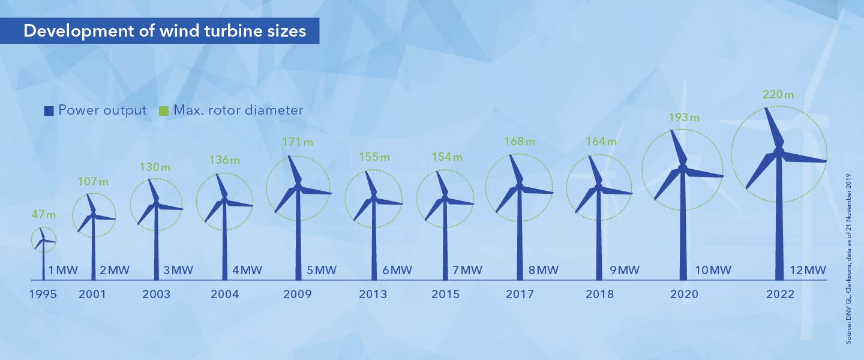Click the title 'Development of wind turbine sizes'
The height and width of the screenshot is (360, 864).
pos(164,31)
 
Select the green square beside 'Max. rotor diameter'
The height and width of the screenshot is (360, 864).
pos(164,110)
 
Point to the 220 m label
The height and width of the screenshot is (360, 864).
pos(778,94)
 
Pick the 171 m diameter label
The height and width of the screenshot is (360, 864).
pos(298,142)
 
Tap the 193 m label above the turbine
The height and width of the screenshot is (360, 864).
pos(683,118)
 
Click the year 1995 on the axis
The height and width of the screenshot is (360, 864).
pos(43,294)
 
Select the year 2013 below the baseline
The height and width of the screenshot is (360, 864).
pos(373,294)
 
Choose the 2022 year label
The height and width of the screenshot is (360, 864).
pos(779,294)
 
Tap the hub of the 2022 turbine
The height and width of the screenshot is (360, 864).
pos(779,151)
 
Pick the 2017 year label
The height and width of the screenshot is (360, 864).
pos(520,294)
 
